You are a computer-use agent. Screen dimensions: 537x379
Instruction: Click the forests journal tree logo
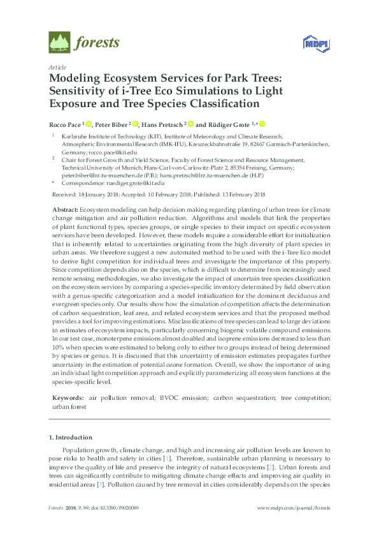tap(59, 43)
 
